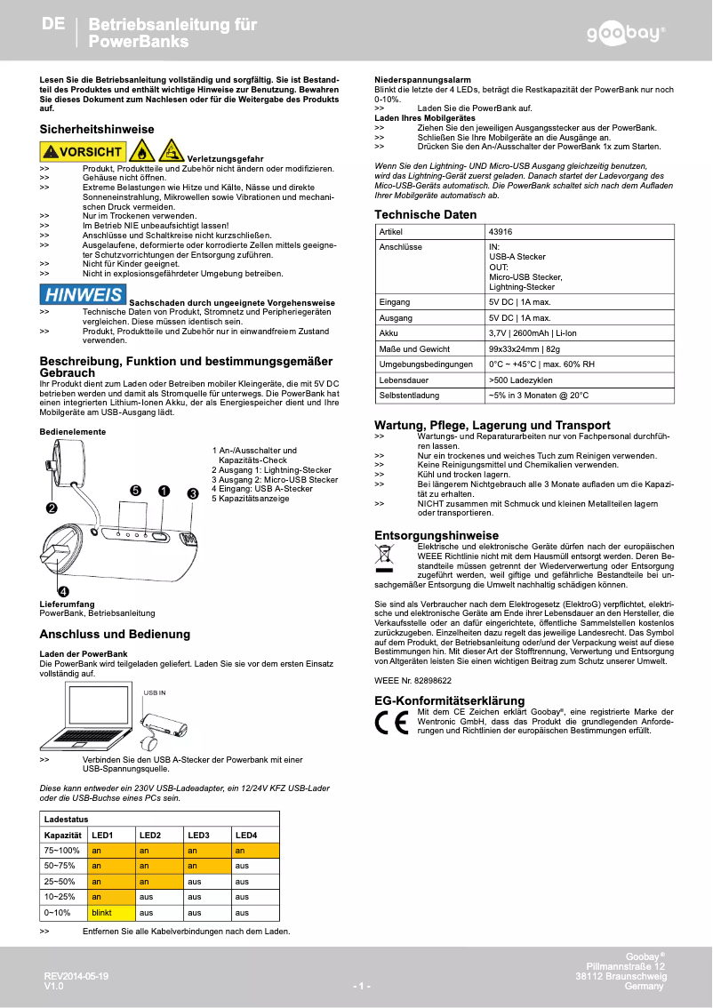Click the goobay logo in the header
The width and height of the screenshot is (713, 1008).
pyautogui.click(x=624, y=34)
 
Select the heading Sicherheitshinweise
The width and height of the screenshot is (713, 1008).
pyautogui.click(x=97, y=130)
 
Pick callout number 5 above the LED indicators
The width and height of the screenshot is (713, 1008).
pyautogui.click(x=135, y=491)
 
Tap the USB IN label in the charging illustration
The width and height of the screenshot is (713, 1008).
pyautogui.click(x=155, y=692)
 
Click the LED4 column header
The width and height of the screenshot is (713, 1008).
pyautogui.click(x=245, y=836)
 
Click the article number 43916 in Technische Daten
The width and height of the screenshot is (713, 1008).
pyautogui.click(x=501, y=232)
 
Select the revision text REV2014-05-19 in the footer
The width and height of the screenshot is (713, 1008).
pyautogui.click(x=76, y=976)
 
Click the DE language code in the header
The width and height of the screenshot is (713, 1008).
pyautogui.click(x=53, y=25)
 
